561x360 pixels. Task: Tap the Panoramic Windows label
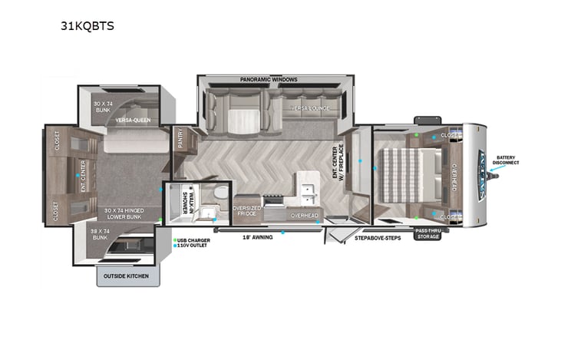click(x=268, y=79)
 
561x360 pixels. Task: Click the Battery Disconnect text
click(x=507, y=160)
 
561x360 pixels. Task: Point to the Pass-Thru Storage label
click(x=427, y=233)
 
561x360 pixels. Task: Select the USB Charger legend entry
click(x=194, y=240)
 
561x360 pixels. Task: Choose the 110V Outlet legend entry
click(x=194, y=246)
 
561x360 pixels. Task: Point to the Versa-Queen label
click(x=132, y=121)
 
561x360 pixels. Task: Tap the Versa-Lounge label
click(x=310, y=108)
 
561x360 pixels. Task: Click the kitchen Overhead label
click(x=304, y=216)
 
